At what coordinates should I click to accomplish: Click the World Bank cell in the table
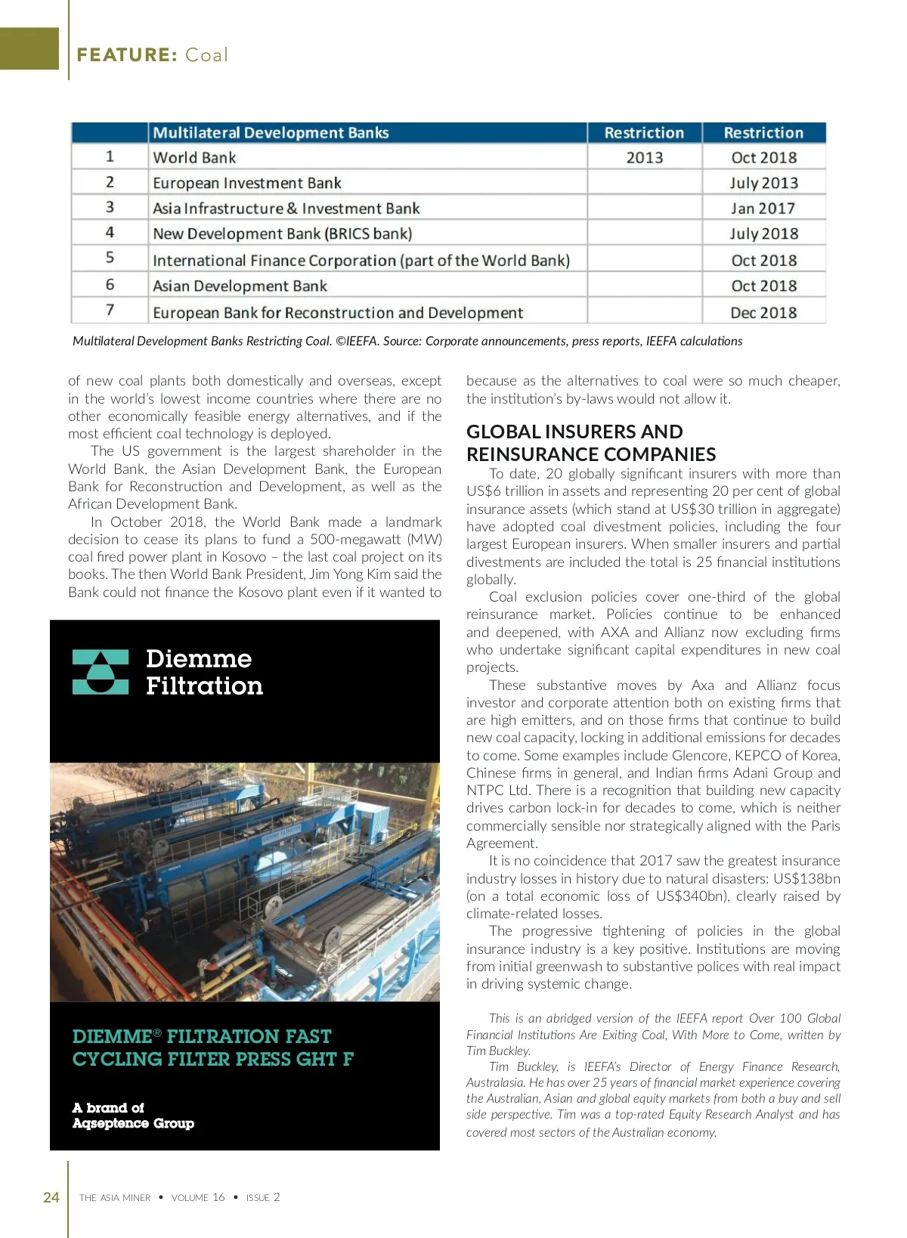pyautogui.click(x=195, y=158)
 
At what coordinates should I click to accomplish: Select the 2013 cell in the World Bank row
pyautogui.click(x=644, y=158)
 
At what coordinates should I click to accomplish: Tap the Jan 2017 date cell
pyautogui.click(x=763, y=209)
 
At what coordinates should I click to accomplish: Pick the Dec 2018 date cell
pyautogui.click(x=763, y=312)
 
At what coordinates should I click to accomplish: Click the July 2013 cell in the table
pyautogui.click(x=763, y=183)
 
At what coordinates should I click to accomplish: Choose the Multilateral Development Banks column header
pyautogui.click(x=271, y=133)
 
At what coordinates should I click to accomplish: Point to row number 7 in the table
pyautogui.click(x=110, y=311)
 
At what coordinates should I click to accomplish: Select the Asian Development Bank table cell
pyautogui.click(x=240, y=286)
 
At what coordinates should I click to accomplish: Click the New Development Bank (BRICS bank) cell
pyautogui.click(x=283, y=234)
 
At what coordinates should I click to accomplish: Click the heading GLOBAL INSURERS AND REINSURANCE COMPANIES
pyautogui.click(x=591, y=443)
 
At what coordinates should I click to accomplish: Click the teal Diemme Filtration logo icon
pyautogui.click(x=101, y=672)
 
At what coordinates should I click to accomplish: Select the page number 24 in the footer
pyautogui.click(x=51, y=1197)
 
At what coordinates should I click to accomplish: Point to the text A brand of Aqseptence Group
pyautogui.click(x=133, y=1116)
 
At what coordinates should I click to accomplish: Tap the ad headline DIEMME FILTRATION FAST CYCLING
pyautogui.click(x=212, y=1048)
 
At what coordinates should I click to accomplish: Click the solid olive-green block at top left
pyautogui.click(x=29, y=48)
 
